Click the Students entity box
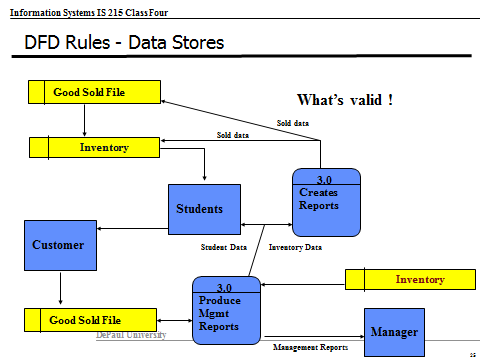204,211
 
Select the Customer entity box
58,245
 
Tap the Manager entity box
393,331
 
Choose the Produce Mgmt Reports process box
226,310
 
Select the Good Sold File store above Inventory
93,93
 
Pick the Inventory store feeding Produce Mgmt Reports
409,279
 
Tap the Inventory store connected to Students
93,148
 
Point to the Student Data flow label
224,246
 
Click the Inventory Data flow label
295,246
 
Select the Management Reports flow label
310,347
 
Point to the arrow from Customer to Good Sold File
61,290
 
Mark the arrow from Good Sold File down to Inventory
84,120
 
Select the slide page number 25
471,354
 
